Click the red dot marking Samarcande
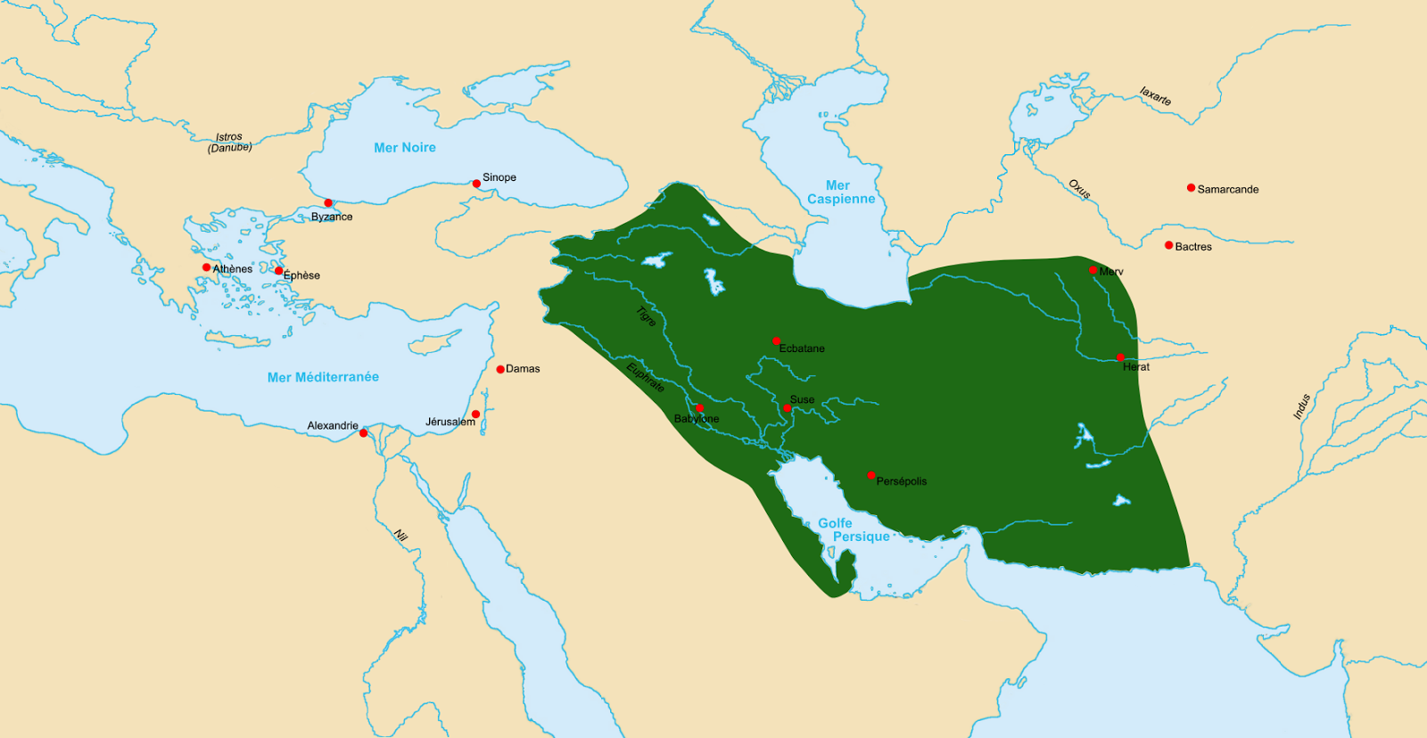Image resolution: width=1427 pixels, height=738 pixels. (x=1191, y=188)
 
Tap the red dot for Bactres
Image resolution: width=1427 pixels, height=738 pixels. (x=1168, y=245)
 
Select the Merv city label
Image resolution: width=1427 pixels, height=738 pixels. (x=1111, y=272)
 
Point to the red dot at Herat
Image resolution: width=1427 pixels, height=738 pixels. (x=1120, y=357)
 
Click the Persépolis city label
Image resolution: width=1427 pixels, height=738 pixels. (x=902, y=481)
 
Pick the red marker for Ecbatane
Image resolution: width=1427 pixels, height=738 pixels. (x=776, y=341)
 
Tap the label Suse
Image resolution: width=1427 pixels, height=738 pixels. (x=802, y=399)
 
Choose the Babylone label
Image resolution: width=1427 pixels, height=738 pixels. (x=697, y=419)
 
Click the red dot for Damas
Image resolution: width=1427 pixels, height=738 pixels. (x=500, y=369)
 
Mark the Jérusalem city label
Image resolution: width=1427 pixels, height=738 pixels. (x=450, y=422)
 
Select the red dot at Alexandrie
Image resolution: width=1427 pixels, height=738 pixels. (x=363, y=433)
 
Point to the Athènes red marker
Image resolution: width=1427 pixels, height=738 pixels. (x=206, y=267)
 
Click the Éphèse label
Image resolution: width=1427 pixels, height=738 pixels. (x=302, y=275)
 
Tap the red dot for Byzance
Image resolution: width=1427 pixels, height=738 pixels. (x=328, y=203)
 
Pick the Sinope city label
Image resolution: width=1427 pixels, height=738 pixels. (x=499, y=177)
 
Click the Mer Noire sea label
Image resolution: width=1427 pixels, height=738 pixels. (x=405, y=148)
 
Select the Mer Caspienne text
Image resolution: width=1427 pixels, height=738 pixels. (x=840, y=193)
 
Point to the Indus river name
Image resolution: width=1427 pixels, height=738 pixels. (x=1302, y=406)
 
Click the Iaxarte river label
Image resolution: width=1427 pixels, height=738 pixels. (x=1155, y=96)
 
